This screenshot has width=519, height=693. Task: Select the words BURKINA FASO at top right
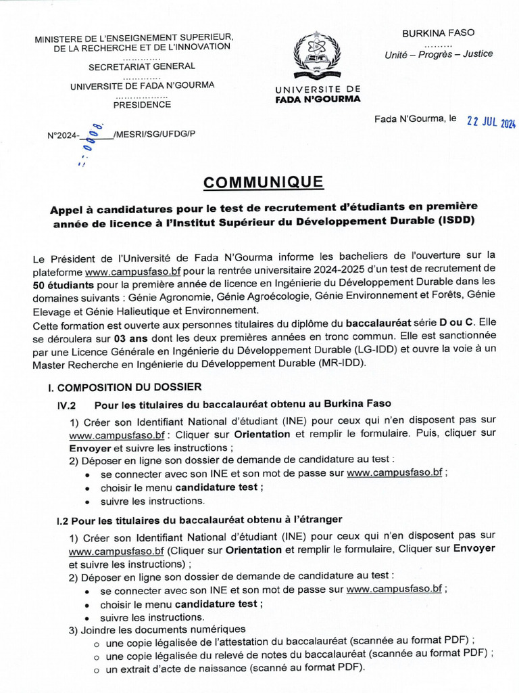point(439,32)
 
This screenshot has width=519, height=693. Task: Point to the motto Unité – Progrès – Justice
point(439,54)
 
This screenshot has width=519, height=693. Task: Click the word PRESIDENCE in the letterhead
point(142,105)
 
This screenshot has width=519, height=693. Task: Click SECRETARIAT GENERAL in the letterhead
point(142,66)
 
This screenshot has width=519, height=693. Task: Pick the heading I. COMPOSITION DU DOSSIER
point(124,388)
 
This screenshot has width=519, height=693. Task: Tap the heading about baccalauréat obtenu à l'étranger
point(200,519)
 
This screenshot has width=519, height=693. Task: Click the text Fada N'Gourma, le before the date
point(416,119)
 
